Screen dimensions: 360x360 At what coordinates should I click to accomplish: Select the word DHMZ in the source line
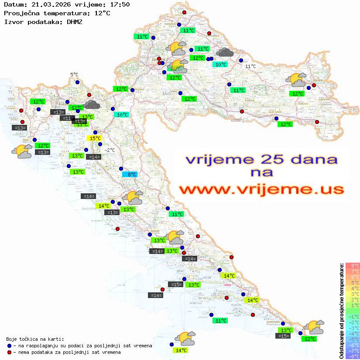(x=74, y=21)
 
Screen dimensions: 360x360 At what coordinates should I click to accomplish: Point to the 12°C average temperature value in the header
(x=102, y=13)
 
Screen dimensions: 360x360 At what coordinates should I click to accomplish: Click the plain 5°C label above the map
(x=74, y=75)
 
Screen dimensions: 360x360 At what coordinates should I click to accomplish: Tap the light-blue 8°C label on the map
(x=130, y=175)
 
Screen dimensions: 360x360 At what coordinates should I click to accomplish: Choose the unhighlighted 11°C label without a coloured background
(x=250, y=66)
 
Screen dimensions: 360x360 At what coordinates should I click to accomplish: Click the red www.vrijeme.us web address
(x=261, y=190)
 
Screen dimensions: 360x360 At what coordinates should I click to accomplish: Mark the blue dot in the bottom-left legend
(x=9, y=346)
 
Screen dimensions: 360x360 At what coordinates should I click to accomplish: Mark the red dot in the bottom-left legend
(x=9, y=352)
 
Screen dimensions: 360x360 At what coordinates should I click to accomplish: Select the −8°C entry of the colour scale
(x=353, y=357)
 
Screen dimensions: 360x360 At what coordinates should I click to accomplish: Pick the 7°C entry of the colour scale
(x=353, y=271)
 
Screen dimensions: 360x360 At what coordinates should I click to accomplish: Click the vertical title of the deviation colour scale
(x=342, y=311)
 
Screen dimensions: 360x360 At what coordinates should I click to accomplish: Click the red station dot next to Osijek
(x=314, y=86)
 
